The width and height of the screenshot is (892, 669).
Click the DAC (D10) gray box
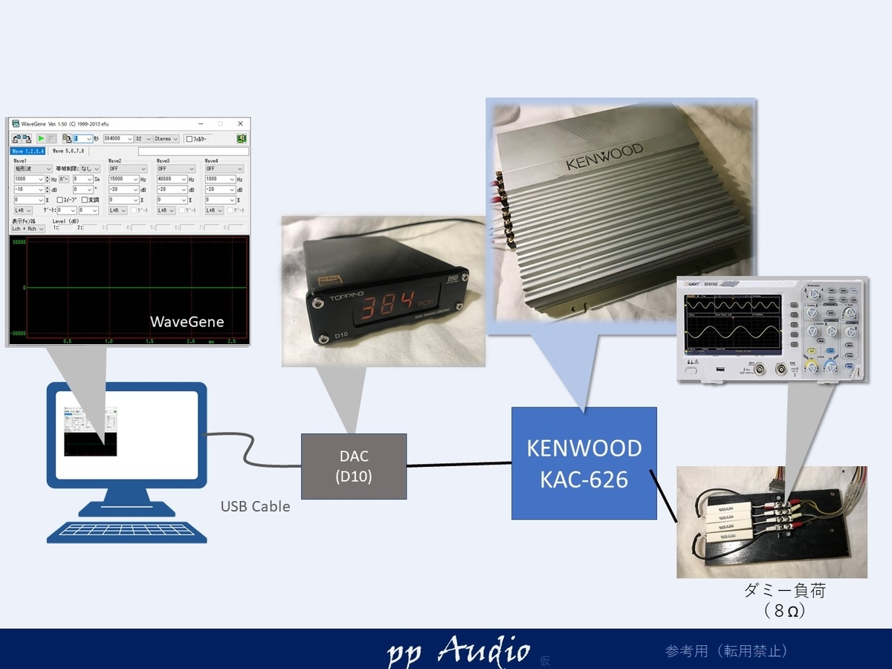click(353, 466)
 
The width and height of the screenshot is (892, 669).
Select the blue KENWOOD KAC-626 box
click(584, 463)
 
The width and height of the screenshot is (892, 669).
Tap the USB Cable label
click(255, 506)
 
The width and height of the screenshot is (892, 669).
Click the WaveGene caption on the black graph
click(187, 321)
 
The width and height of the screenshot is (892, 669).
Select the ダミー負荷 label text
click(785, 592)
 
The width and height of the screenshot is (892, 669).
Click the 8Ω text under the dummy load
click(785, 612)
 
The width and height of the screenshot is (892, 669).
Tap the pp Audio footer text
click(459, 651)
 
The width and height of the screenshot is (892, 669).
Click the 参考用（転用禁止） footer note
click(725, 651)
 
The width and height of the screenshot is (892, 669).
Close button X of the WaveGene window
click(240, 123)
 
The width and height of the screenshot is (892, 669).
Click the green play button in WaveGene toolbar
click(42, 139)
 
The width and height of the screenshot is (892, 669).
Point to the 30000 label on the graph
click(19, 243)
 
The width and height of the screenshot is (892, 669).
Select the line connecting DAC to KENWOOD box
click(459, 465)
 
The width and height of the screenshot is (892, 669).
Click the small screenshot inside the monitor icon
click(91, 430)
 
